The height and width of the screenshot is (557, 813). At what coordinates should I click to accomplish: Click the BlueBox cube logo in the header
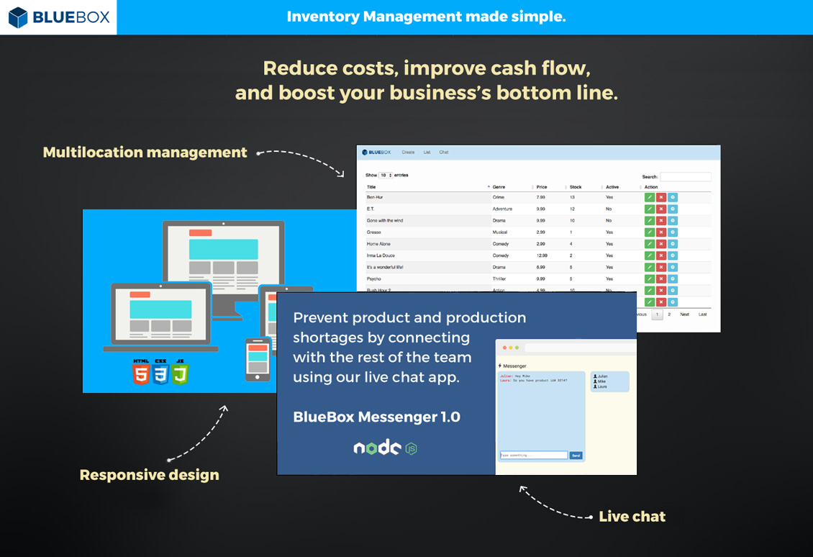[x=18, y=17]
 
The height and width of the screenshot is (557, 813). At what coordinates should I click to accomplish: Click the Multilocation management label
[x=145, y=153]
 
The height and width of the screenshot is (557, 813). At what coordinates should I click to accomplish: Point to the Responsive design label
[x=149, y=475]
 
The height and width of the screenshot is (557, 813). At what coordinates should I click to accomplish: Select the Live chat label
[x=632, y=517]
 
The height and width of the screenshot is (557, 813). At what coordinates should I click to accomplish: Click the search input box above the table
[x=686, y=176]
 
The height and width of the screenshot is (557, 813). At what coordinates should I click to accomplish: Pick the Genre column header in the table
[x=499, y=187]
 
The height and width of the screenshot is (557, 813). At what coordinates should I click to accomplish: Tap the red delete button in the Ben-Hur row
[x=660, y=197]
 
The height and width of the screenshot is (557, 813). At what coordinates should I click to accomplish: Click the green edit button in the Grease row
[x=649, y=232]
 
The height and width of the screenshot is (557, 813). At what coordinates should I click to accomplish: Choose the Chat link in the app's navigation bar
[x=444, y=153]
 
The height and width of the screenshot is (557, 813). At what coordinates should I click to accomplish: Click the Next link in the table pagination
[x=684, y=314]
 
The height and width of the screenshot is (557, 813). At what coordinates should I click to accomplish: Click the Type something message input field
[x=534, y=456]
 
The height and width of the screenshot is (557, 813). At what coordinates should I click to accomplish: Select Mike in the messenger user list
[x=602, y=381]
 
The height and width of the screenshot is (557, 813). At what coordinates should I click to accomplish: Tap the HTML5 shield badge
[x=140, y=373]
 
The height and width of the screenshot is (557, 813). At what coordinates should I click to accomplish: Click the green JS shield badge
[x=180, y=373]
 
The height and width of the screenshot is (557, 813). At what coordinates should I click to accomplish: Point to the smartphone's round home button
[x=258, y=375]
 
